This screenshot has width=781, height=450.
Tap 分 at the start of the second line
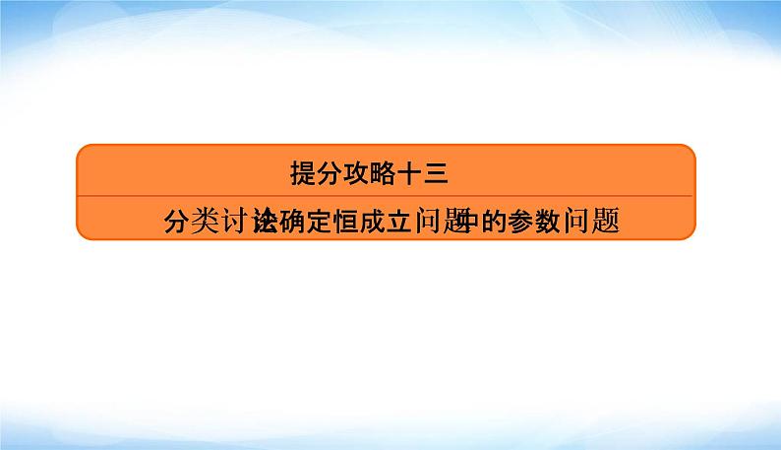(179, 221)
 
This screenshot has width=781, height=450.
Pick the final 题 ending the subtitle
(606, 221)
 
